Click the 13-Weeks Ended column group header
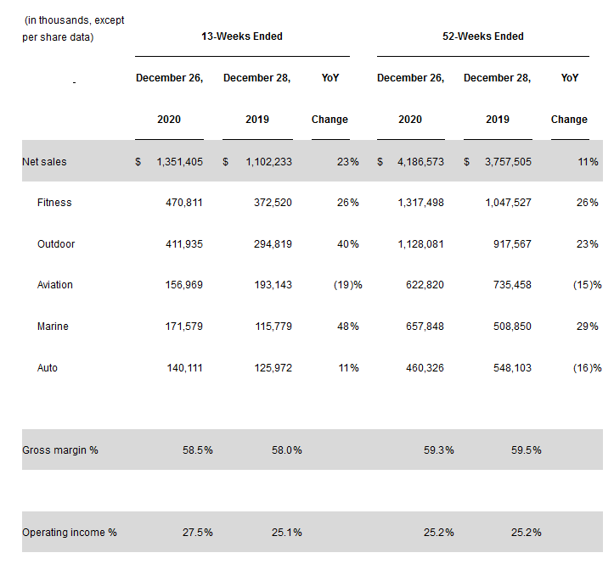click(x=242, y=36)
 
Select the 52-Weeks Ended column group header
click(x=483, y=36)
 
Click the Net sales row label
click(x=44, y=162)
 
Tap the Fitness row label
click(x=54, y=203)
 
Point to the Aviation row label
click(x=55, y=285)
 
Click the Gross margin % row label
click(x=60, y=450)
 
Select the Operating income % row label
click(x=70, y=533)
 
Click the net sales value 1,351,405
click(x=179, y=162)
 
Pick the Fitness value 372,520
click(x=269, y=203)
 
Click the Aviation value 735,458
click(x=510, y=285)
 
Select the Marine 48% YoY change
click(x=347, y=327)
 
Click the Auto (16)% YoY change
click(x=586, y=368)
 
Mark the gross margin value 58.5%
click(x=198, y=450)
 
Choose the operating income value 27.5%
click(x=198, y=533)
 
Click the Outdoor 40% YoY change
click(x=347, y=244)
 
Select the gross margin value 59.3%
click(x=439, y=450)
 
